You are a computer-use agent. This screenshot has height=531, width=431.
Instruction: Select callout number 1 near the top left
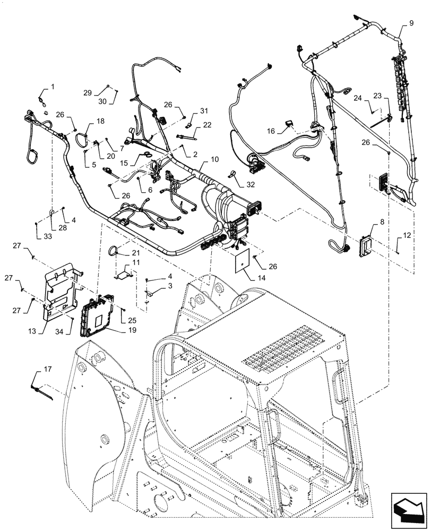point(53,87)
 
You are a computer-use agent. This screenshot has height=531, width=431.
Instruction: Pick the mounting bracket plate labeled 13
point(61,292)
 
